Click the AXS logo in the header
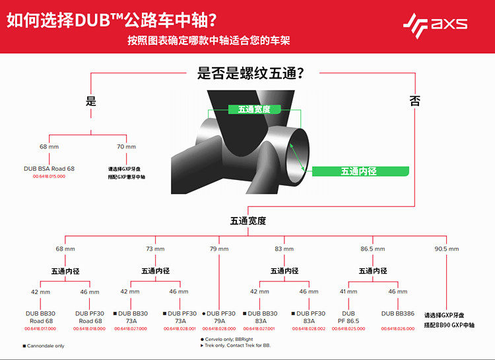point(436,24)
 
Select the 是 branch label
point(91,101)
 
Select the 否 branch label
point(414,101)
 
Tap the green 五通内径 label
point(358,171)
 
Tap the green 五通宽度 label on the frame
point(255,109)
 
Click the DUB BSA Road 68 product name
point(49,169)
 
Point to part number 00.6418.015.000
point(49,177)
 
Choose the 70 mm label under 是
point(126,146)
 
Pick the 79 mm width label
point(218,249)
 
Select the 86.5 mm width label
point(372,249)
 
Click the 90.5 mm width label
point(446,249)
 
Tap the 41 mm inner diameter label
point(348,291)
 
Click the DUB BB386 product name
point(397,314)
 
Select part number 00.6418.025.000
point(348,328)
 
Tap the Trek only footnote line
point(236,345)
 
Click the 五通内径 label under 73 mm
point(155,271)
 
